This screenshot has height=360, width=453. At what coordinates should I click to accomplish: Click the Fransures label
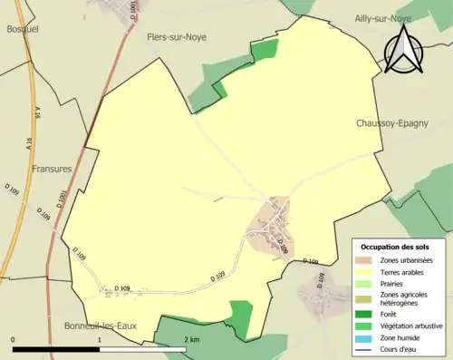(x=52, y=169)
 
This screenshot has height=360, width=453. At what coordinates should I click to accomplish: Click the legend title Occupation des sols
(x=396, y=247)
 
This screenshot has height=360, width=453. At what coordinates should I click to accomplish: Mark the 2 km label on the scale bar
(x=191, y=340)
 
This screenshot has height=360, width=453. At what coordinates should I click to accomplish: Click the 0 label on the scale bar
(x=14, y=340)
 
